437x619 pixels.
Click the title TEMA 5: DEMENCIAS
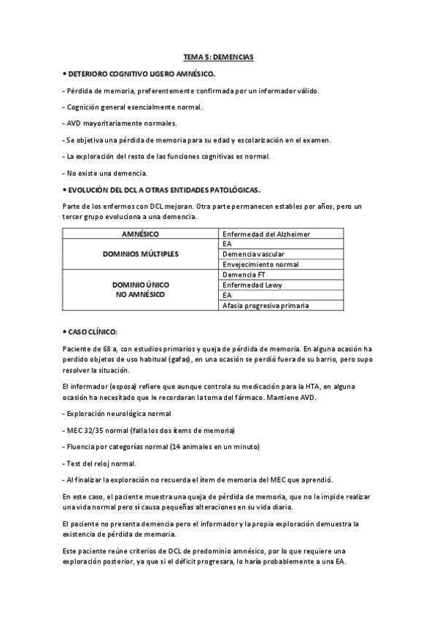218,57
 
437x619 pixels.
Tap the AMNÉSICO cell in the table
142,234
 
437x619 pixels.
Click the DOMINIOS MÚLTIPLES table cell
142,254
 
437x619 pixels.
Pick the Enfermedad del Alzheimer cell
266,234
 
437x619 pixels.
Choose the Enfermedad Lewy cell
252,285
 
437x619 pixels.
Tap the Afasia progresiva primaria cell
265,305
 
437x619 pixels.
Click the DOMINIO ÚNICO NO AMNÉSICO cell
142,290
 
